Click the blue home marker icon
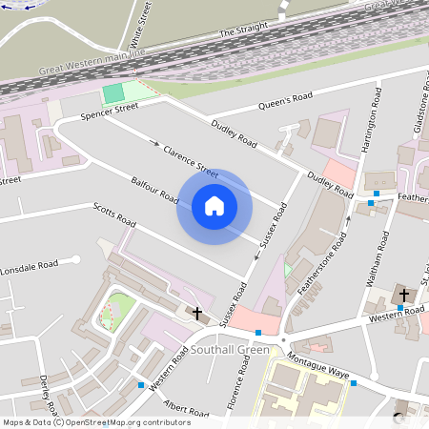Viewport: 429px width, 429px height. tap(214, 206)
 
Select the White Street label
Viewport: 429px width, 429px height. tap(138, 26)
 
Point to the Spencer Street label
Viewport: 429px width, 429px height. tap(110, 114)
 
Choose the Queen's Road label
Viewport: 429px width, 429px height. tap(291, 101)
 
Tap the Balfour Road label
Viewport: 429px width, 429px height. tap(155, 189)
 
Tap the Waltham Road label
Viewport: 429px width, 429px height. tap(379, 260)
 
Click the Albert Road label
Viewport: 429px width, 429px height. tap(186, 411)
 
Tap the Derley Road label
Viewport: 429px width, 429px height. tap(47, 390)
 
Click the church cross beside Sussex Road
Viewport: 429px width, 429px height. tap(198, 313)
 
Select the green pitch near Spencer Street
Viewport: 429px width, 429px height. tap(113, 93)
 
